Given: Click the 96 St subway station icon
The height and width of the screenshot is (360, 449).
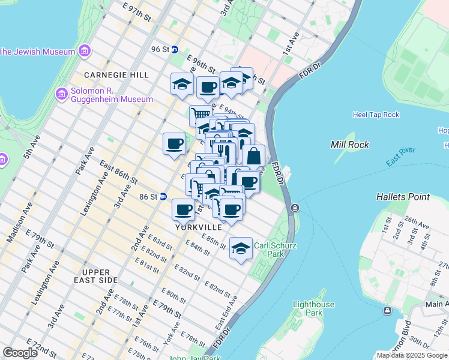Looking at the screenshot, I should [x=175, y=50].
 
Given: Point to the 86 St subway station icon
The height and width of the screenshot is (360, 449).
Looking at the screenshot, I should [x=163, y=196].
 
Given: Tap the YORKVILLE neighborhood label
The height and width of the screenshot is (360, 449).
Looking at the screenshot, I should [x=199, y=227].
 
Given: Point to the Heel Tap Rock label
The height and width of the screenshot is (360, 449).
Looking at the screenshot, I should [x=376, y=115].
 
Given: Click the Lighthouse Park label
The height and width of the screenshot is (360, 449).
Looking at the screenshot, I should [x=313, y=308].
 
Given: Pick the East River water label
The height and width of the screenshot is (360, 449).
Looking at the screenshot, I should [x=400, y=160].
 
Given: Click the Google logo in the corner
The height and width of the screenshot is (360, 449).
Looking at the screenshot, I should [x=20, y=353].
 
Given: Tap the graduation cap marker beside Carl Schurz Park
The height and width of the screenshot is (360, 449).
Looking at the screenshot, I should [x=241, y=248].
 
